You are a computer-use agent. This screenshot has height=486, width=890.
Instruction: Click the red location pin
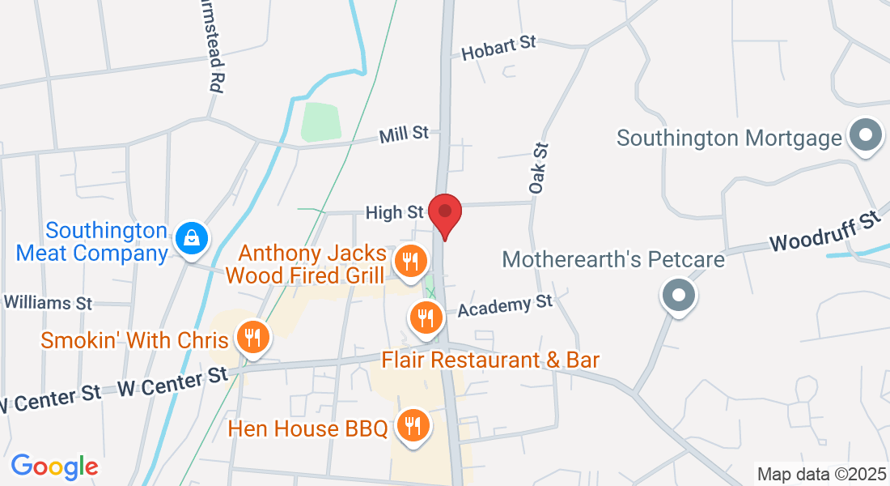click(x=444, y=213)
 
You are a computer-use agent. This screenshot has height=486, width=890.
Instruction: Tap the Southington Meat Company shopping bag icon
click(x=191, y=238)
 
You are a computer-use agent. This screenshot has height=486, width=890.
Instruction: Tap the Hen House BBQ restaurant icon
click(x=413, y=424)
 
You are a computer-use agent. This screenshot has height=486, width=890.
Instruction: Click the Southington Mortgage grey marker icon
click(x=865, y=134)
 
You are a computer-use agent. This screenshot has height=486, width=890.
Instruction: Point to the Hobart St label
click(x=499, y=49)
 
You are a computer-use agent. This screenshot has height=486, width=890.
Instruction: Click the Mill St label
click(x=405, y=134)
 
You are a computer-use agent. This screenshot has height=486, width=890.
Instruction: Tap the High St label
click(x=394, y=212)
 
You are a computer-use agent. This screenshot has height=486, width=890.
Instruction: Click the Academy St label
click(x=505, y=306)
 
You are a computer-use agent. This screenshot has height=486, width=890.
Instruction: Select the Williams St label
click(x=48, y=303)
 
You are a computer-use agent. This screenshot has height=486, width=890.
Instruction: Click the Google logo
click(x=54, y=467)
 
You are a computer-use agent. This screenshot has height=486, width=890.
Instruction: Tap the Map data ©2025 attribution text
click(x=820, y=474)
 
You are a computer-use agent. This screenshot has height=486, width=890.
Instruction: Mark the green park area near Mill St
click(x=320, y=122)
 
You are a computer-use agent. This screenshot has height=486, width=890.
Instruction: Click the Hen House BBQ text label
click(x=308, y=428)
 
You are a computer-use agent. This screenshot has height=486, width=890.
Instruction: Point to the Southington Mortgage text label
click(x=729, y=138)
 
